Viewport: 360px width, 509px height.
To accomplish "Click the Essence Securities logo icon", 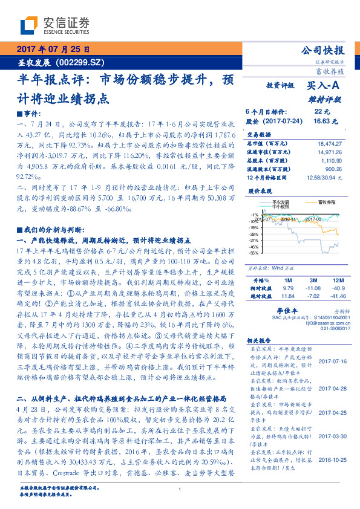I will (x=28, y=26).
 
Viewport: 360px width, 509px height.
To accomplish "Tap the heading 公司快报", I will (x=327, y=51).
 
